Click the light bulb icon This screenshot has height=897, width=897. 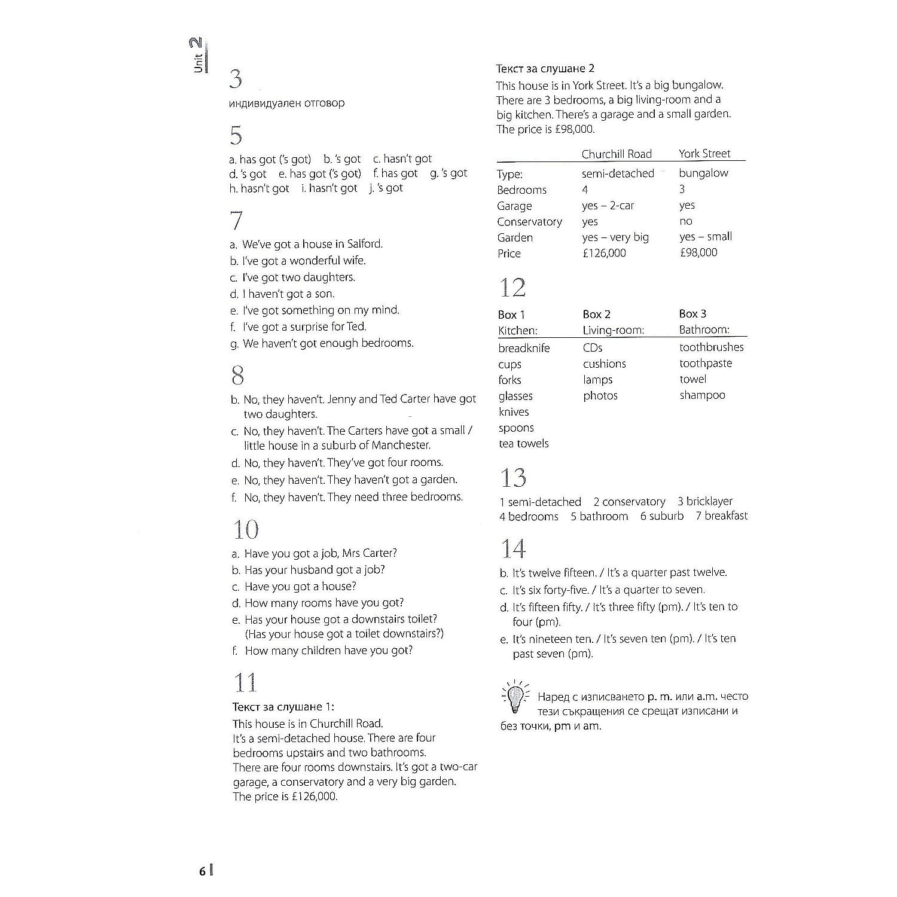514,696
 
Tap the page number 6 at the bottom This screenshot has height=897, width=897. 203,871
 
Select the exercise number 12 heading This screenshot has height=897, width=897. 512,288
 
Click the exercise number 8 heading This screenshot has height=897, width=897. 237,376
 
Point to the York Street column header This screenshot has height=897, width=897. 704,154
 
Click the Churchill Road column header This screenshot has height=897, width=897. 617,154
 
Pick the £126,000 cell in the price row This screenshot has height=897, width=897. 604,253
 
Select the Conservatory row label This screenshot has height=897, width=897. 529,222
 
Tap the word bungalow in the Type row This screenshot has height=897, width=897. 704,173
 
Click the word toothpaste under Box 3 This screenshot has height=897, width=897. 706,364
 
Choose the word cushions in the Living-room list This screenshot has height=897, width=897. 605,364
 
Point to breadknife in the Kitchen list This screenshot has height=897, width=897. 524,348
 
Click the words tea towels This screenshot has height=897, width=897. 524,444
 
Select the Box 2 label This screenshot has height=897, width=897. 597,315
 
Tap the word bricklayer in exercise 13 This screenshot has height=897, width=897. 709,502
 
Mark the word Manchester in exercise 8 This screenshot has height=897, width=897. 401,446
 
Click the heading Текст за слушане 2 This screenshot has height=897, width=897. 545,69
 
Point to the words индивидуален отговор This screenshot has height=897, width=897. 287,103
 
